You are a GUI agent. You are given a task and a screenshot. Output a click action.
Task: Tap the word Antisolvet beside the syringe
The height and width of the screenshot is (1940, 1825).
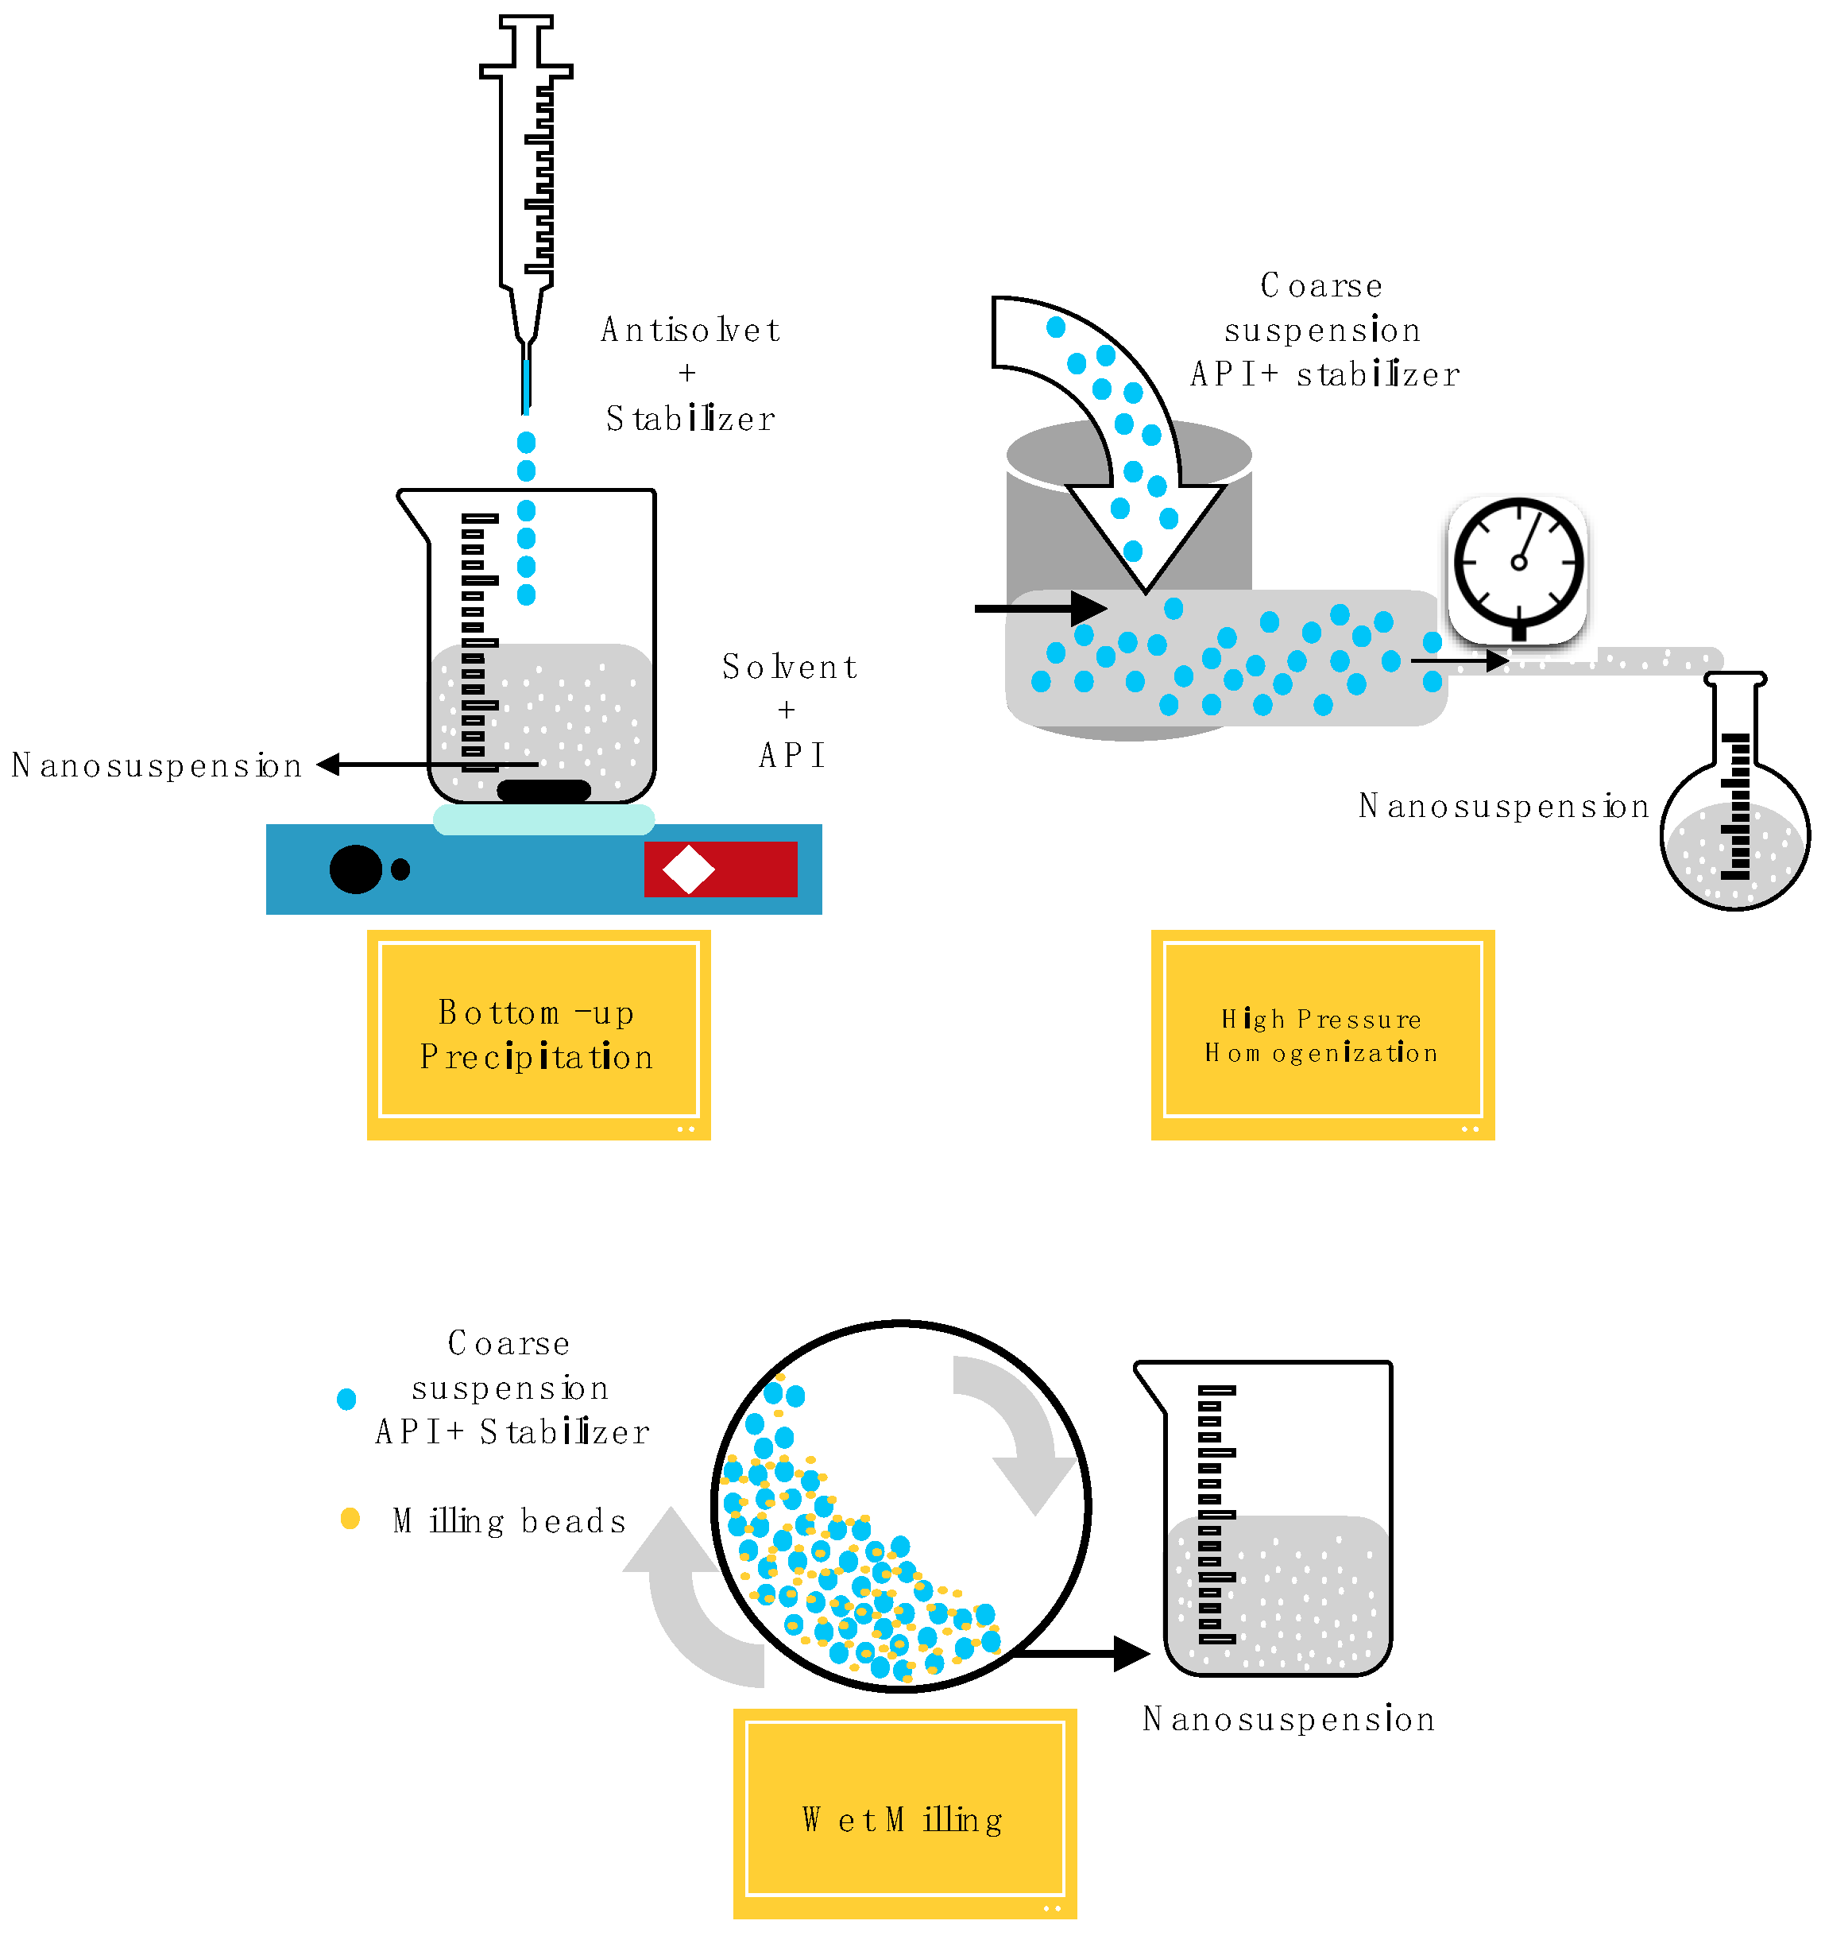coord(690,330)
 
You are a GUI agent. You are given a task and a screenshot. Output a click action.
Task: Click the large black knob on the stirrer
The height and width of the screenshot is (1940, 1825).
coord(355,869)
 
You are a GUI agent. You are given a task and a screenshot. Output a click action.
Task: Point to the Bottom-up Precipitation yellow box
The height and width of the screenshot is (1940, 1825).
coord(539,1035)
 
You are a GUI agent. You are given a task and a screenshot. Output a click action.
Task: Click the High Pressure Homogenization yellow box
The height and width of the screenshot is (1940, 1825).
coord(1322,1035)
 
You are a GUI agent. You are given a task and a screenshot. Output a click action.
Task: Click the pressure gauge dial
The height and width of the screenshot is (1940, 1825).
coord(1518,564)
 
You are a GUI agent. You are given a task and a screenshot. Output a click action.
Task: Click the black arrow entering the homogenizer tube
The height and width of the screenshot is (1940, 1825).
coord(1038,609)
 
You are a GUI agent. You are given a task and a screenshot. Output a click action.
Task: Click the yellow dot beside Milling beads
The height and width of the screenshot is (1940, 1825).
coord(350,1519)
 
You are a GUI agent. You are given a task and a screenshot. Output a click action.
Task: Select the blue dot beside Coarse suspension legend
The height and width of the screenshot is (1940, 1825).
coord(346,1399)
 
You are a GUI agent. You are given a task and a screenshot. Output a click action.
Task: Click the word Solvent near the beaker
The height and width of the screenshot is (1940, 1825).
coord(789,668)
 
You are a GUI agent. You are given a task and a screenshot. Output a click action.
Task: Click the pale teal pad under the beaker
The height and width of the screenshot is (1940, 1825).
coord(543,819)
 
